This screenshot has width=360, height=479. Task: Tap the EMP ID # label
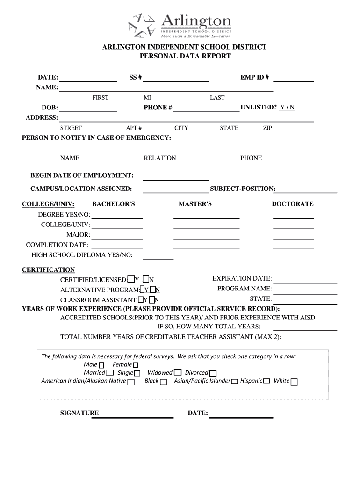pos(255,77)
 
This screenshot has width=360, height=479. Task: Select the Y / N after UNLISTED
pos(287,108)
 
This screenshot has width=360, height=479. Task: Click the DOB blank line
pos(88,111)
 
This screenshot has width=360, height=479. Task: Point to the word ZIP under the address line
pos(268,128)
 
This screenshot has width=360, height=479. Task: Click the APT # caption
pos(134,128)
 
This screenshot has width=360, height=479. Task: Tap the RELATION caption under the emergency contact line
pos(160,158)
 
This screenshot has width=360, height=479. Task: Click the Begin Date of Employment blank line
pos(175,179)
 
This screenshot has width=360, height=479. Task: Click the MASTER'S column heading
pos(195,204)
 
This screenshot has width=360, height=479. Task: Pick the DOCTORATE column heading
pos(293,204)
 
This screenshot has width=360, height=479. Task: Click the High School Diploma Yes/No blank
pos(158,258)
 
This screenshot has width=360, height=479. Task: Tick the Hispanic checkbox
pos(266,381)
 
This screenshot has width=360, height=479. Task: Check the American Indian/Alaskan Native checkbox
pos(131,382)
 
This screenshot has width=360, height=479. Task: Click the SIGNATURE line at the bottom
pos(132,417)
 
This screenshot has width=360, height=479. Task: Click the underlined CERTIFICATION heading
pos(48,270)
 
